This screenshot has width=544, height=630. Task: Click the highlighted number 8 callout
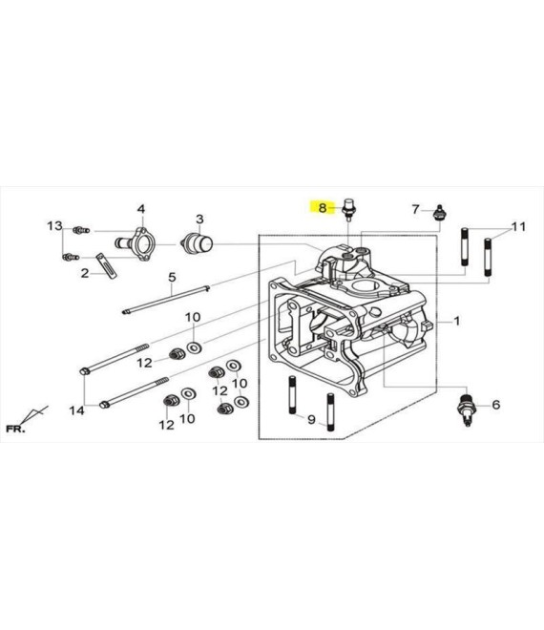pyautogui.click(x=323, y=208)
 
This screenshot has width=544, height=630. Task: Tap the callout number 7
pyautogui.click(x=415, y=209)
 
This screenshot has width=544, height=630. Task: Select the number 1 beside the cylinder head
pyautogui.click(x=457, y=321)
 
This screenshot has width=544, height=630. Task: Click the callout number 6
pyautogui.click(x=496, y=405)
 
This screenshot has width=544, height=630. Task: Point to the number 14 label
pyautogui.click(x=76, y=410)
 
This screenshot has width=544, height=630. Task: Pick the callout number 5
pyautogui.click(x=172, y=277)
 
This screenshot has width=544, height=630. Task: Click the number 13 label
pyautogui.click(x=55, y=226)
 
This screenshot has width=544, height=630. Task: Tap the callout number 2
pyautogui.click(x=85, y=273)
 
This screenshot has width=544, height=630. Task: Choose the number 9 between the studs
pyautogui.click(x=311, y=419)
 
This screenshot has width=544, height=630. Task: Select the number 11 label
pyautogui.click(x=518, y=227)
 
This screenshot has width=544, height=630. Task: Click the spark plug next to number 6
pyautogui.click(x=467, y=409)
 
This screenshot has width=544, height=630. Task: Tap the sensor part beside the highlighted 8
pyautogui.click(x=348, y=209)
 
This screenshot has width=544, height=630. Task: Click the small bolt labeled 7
pyautogui.click(x=439, y=213)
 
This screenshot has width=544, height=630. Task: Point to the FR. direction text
pyautogui.click(x=15, y=429)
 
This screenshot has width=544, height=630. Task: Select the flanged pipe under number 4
pyautogui.click(x=135, y=243)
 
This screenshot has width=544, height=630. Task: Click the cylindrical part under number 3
pyautogui.click(x=198, y=243)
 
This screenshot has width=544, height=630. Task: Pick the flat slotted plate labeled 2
pyautogui.click(x=107, y=265)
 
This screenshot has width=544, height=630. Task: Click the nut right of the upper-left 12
pyautogui.click(x=177, y=354)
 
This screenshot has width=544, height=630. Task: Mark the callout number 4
pyautogui.click(x=141, y=209)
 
